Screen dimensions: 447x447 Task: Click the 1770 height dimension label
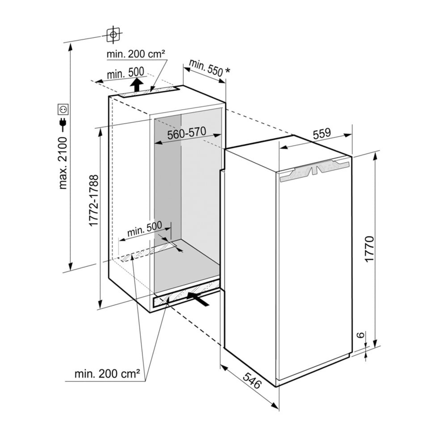click(369, 249)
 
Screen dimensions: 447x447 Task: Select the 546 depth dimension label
click(252, 380)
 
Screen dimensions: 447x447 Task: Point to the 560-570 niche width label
click(186, 133)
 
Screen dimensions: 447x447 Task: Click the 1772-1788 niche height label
click(94, 200)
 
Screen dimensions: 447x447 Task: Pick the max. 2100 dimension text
click(63, 163)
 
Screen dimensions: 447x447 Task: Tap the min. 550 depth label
click(206, 68)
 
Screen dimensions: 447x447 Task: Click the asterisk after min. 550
click(227, 70)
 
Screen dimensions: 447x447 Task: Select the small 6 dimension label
click(361, 334)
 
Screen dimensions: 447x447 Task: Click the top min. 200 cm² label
click(136, 54)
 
